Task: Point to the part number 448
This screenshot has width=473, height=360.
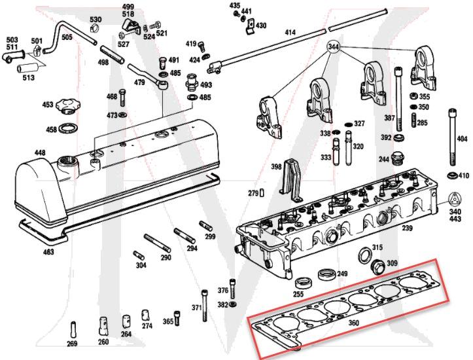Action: [x=22, y=154]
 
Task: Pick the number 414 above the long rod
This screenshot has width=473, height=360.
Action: [x=290, y=32]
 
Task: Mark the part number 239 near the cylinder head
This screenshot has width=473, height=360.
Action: [x=407, y=228]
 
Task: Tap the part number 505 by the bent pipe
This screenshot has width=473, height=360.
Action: [x=67, y=37]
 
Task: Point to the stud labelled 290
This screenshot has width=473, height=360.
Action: [x=157, y=243]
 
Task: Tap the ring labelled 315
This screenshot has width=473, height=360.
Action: [x=364, y=255]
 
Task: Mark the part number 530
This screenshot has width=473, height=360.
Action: [x=95, y=20]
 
